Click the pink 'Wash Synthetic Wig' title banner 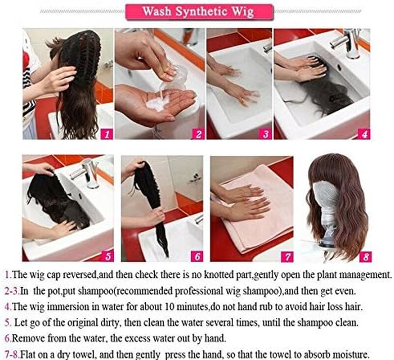click(199, 12)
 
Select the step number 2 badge click(198, 134)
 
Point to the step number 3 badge click(265, 134)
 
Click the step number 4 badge click(363, 134)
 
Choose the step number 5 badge click(107, 256)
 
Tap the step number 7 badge click(287, 256)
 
